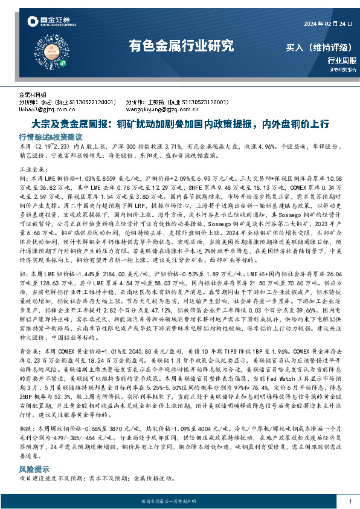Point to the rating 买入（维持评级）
(x=321, y=47)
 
